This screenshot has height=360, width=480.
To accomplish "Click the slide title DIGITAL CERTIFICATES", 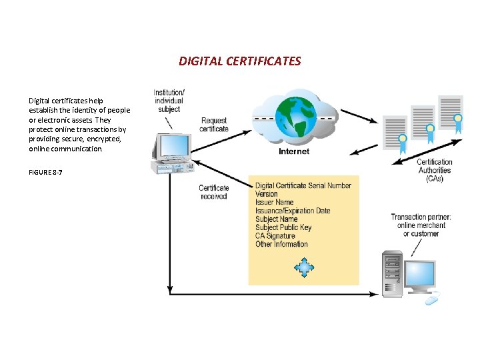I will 239,61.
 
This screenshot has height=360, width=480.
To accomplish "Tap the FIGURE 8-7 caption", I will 45,172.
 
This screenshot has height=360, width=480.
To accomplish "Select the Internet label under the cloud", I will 293,151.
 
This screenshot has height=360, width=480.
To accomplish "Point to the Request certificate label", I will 214,125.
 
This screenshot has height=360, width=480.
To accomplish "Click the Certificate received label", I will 213,192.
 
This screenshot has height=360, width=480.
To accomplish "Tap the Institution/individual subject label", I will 169,100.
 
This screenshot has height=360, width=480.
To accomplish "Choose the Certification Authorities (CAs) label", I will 434,170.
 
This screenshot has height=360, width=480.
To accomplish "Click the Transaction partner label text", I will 421,225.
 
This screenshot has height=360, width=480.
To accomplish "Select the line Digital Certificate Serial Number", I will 303,185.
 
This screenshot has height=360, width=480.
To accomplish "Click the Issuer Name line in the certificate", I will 274,203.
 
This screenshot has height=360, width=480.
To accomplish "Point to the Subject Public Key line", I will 283,227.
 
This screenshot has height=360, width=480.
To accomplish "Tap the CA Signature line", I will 275,236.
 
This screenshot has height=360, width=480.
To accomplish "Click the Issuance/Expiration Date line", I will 292,211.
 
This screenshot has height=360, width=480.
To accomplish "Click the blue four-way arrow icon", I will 304,268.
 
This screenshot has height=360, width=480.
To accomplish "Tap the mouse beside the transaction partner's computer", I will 431,300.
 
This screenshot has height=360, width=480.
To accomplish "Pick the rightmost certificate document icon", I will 450,113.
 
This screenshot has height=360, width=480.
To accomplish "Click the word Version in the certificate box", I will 266,194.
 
